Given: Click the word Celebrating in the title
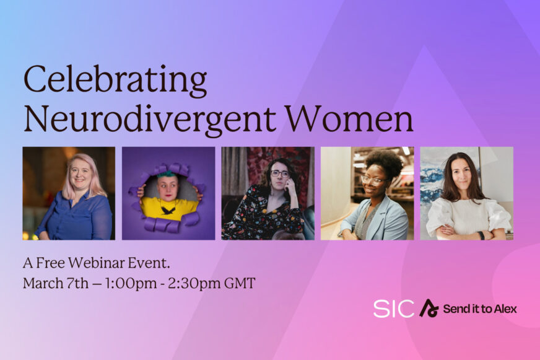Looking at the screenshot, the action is [115, 80].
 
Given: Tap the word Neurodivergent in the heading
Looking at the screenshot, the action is [149, 119].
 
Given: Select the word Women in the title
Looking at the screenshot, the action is [349, 118].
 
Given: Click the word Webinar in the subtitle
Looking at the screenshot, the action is [96, 263].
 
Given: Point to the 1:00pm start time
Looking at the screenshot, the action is [131, 284].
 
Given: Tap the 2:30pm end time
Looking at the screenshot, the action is [194, 284].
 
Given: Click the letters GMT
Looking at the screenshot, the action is [240, 283].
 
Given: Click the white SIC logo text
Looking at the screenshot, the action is [394, 309].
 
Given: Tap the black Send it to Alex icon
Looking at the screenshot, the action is [428, 309].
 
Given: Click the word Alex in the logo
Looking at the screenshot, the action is [505, 309].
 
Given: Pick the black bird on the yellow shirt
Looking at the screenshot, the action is [168, 210].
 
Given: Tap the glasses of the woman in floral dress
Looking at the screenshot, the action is [280, 173].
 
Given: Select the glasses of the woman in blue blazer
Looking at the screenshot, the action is [372, 180].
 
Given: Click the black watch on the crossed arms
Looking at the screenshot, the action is [481, 235].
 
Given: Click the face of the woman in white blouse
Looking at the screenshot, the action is [461, 173].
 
